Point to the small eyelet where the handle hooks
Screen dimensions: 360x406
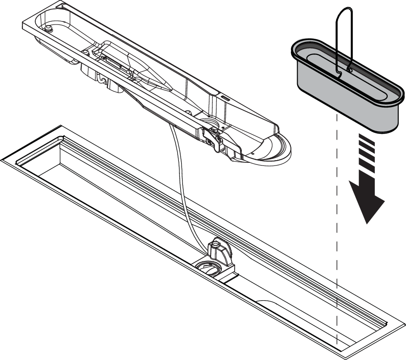(350, 70)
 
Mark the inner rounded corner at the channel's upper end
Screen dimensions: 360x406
(61, 138)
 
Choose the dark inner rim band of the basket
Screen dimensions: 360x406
(312, 49)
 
